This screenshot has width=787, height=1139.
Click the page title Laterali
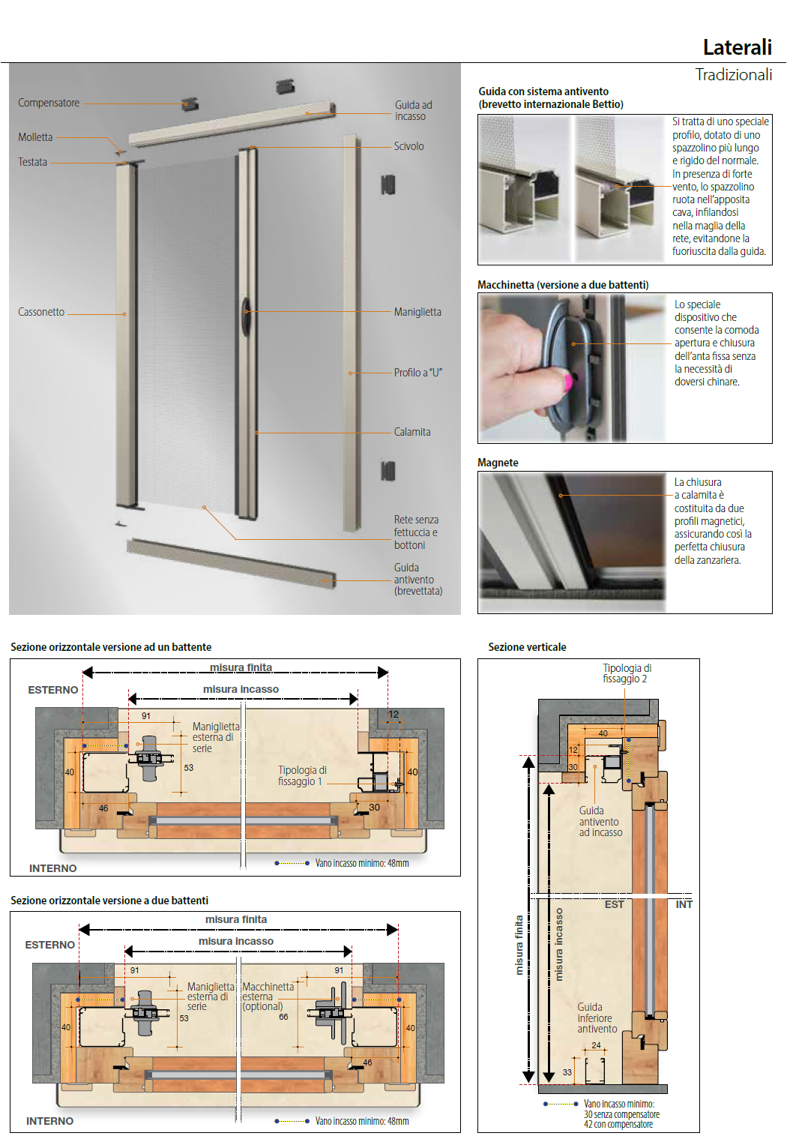pyautogui.click(x=737, y=47)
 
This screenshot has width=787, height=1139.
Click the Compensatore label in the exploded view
pyautogui.click(x=49, y=103)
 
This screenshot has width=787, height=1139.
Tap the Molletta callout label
pyautogui.click(x=35, y=137)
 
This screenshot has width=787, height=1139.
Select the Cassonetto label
pyautogui.click(x=41, y=312)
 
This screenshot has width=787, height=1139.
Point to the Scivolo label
pyautogui.click(x=408, y=146)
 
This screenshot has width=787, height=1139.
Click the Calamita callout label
pyautogui.click(x=412, y=432)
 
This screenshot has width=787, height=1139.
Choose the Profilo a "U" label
pyautogui.click(x=417, y=373)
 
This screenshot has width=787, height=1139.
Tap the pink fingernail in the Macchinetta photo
pyautogui.click(x=567, y=381)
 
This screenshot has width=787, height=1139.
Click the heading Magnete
pyautogui.click(x=498, y=463)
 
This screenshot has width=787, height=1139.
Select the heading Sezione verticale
pyautogui.click(x=527, y=647)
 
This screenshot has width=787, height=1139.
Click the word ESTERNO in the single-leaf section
pyautogui.click(x=52, y=690)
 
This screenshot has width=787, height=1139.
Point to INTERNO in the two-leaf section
pyautogui.click(x=49, y=1121)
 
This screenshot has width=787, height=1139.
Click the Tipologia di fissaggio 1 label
pyautogui.click(x=302, y=775)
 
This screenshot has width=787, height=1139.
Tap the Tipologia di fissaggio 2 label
pyautogui.click(x=627, y=673)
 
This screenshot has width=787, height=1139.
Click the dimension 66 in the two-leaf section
pyautogui.click(x=283, y=1017)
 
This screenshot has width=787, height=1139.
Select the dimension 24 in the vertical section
pyautogui.click(x=596, y=1045)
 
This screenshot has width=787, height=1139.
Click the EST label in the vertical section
pyautogui.click(x=614, y=905)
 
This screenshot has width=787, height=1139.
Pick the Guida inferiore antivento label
pyautogui.click(x=597, y=1018)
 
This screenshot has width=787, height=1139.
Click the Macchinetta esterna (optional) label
pyautogui.click(x=268, y=997)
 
